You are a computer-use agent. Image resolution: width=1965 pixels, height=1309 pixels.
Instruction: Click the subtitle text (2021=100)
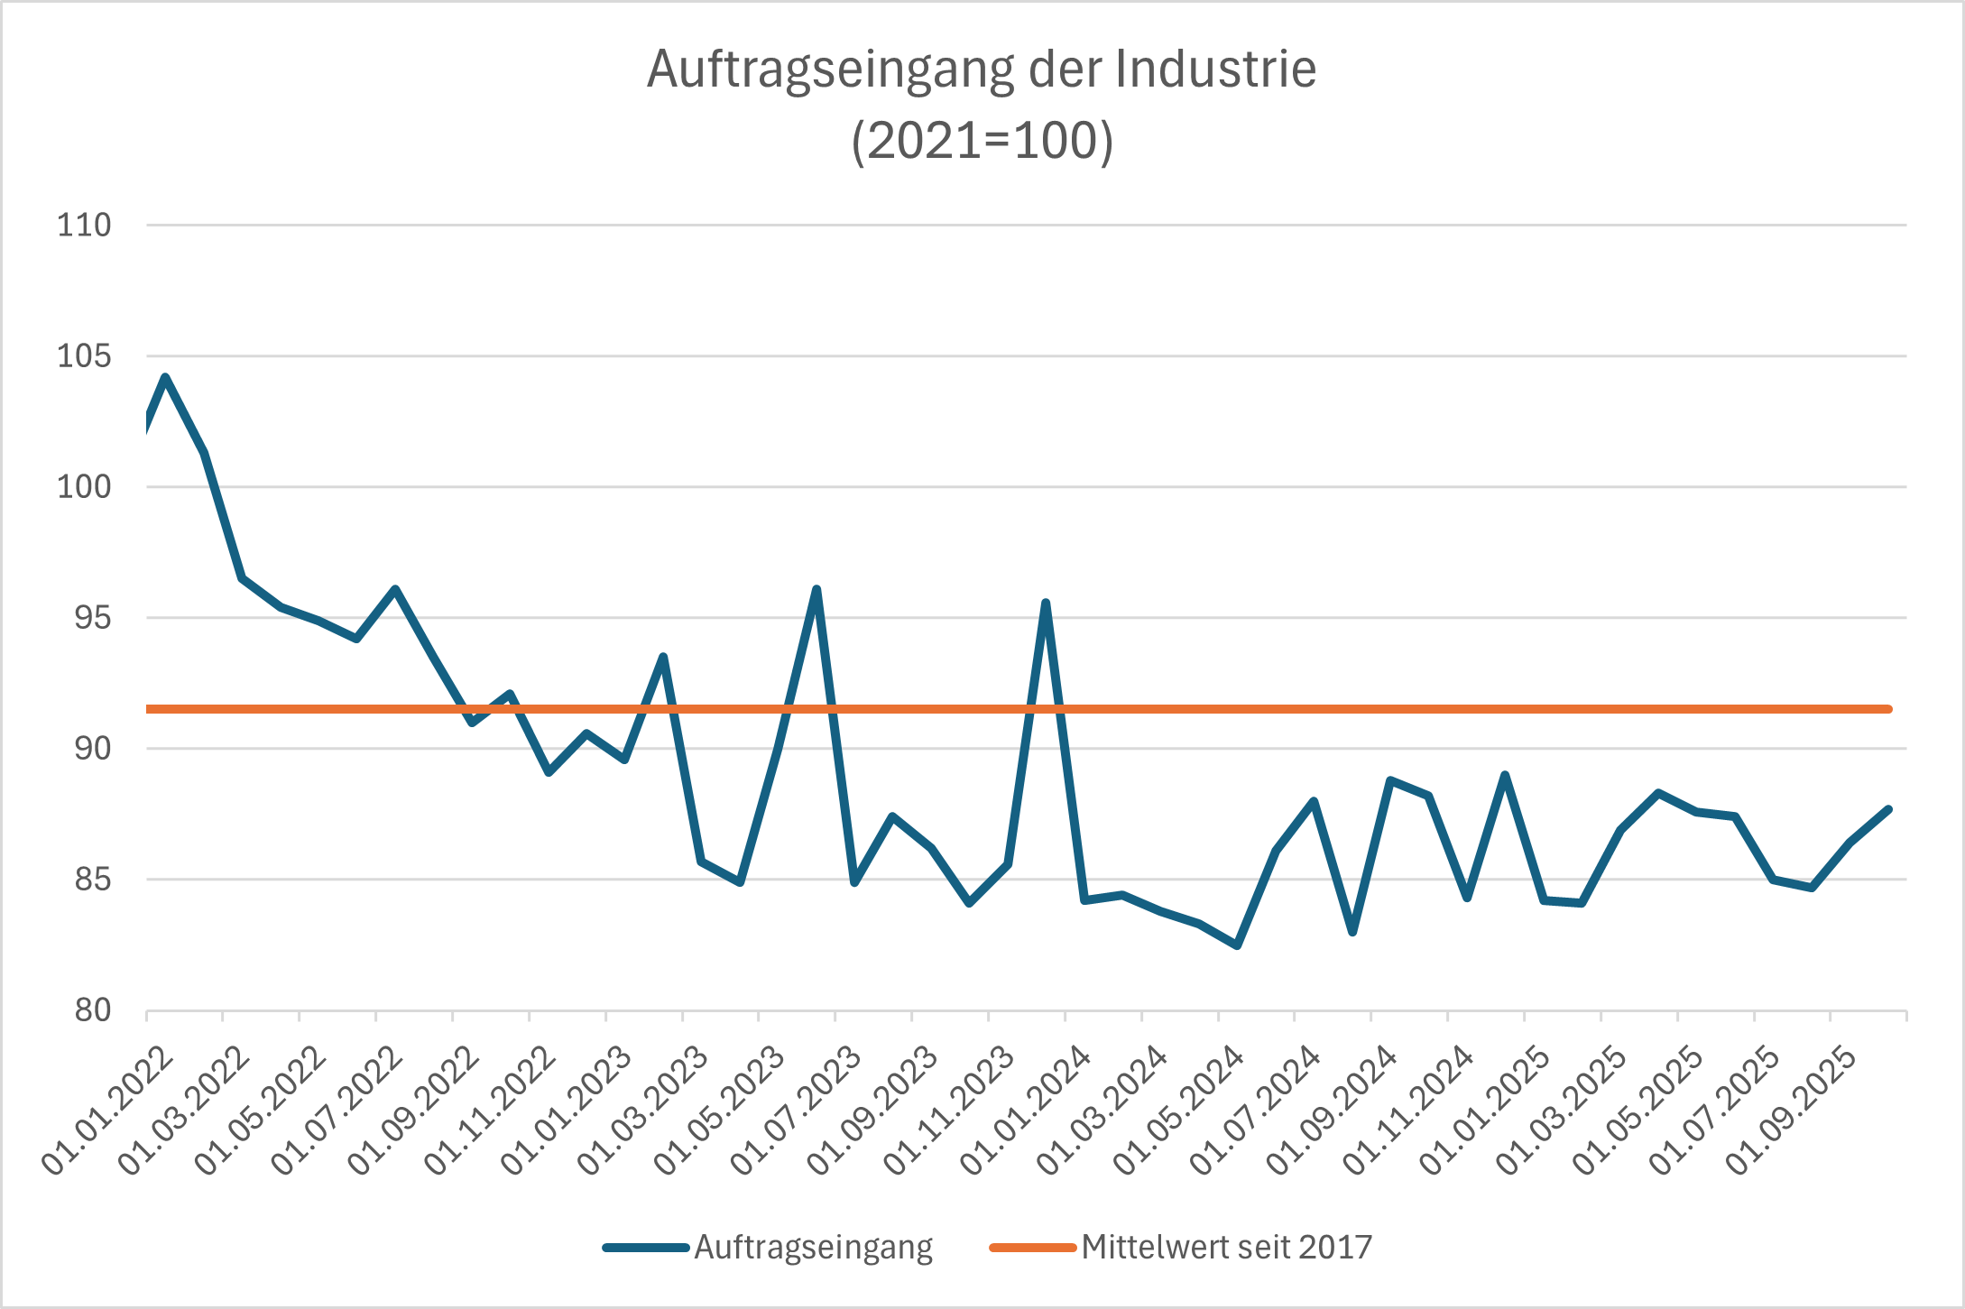tap(982, 142)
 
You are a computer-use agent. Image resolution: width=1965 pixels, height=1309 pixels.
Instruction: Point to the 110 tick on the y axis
tap(84, 226)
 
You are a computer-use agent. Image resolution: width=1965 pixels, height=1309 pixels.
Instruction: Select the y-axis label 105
tap(84, 356)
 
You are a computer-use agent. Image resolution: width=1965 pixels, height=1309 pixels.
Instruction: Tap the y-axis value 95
tap(93, 618)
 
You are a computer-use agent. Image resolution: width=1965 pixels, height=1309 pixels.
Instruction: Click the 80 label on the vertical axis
tap(93, 1010)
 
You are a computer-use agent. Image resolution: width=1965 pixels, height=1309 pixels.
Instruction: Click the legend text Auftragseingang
tap(813, 1248)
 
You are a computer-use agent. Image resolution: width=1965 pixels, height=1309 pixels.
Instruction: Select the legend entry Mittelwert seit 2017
tap(1226, 1248)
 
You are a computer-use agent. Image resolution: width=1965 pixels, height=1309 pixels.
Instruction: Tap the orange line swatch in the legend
tap(1032, 1248)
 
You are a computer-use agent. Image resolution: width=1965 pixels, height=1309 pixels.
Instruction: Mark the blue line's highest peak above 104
tap(165, 377)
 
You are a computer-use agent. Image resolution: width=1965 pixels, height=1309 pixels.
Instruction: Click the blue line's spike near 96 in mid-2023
tap(816, 590)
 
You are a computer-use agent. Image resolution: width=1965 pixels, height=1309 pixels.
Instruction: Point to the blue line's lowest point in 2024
tap(1237, 945)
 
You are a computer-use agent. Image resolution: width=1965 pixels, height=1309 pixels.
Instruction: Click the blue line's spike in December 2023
tap(1046, 603)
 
